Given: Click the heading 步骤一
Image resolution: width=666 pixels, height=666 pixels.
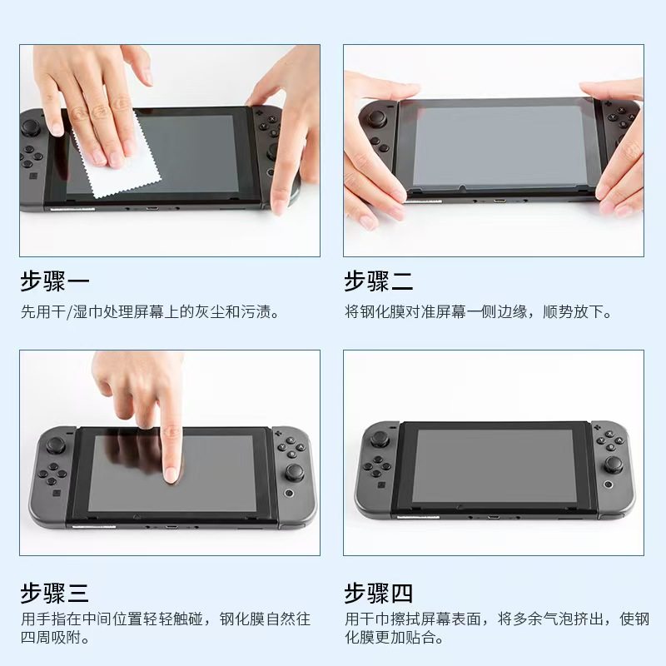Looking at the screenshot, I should [54, 281].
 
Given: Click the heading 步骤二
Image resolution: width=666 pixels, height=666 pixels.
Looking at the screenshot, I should [379, 281].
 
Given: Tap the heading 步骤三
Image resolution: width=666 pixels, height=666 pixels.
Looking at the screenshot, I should [54, 594].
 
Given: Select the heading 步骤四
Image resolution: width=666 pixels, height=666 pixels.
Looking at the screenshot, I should [379, 594].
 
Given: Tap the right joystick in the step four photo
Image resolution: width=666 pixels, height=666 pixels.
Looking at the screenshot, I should [614, 463].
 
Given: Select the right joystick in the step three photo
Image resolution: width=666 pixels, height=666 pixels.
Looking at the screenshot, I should [295, 473].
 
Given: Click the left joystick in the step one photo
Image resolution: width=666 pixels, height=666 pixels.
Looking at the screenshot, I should [32, 127].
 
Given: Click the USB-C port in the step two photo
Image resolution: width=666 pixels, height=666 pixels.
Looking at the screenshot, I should [499, 201].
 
